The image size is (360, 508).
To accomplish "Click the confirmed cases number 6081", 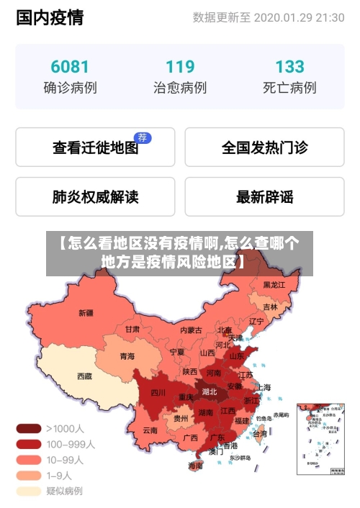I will (x=70, y=67).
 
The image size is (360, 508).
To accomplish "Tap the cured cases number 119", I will (x=180, y=67).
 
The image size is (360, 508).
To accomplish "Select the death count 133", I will (x=289, y=67).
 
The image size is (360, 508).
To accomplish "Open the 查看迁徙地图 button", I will (x=95, y=148).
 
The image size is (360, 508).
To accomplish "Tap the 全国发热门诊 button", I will (x=264, y=148).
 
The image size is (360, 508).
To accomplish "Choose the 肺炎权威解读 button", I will (x=95, y=196).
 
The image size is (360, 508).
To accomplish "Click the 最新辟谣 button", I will (x=264, y=196).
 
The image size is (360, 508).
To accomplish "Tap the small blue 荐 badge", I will (x=143, y=137).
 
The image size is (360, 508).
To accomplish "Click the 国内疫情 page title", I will (x=50, y=18).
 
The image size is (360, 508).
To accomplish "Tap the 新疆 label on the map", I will (x=86, y=313).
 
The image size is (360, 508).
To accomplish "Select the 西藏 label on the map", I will (x=85, y=376).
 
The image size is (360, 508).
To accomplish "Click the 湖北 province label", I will (x=210, y=392).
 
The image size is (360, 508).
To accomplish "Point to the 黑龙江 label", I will (x=274, y=285).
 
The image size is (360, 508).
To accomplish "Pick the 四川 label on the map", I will (x=158, y=393).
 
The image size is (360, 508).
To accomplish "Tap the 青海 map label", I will (x=127, y=355).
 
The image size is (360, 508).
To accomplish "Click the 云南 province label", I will (x=150, y=430).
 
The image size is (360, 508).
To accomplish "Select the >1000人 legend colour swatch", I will (x=28, y=428).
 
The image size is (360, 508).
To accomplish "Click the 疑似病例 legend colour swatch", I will (x=28, y=491).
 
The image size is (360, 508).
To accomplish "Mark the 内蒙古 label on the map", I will (x=191, y=330).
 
